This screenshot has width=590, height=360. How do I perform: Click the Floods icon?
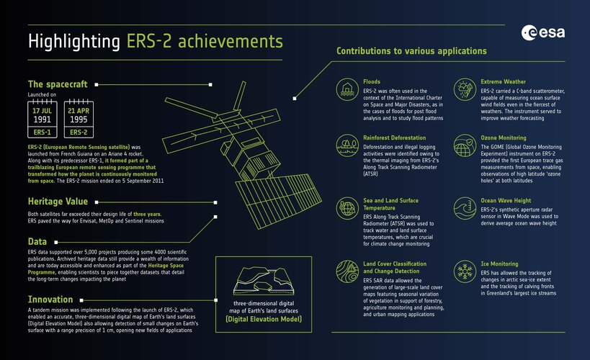[348, 89]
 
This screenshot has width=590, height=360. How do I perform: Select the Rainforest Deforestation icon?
[348, 144]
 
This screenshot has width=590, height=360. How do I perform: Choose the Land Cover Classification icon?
[348, 271]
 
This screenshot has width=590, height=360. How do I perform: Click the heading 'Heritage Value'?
[58, 201]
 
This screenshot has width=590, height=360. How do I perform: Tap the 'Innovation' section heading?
[50, 299]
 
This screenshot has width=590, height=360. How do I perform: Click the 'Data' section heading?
[37, 242]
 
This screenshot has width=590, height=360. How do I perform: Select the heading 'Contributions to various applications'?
[411, 51]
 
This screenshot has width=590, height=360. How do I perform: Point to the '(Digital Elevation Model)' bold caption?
[262, 318]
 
